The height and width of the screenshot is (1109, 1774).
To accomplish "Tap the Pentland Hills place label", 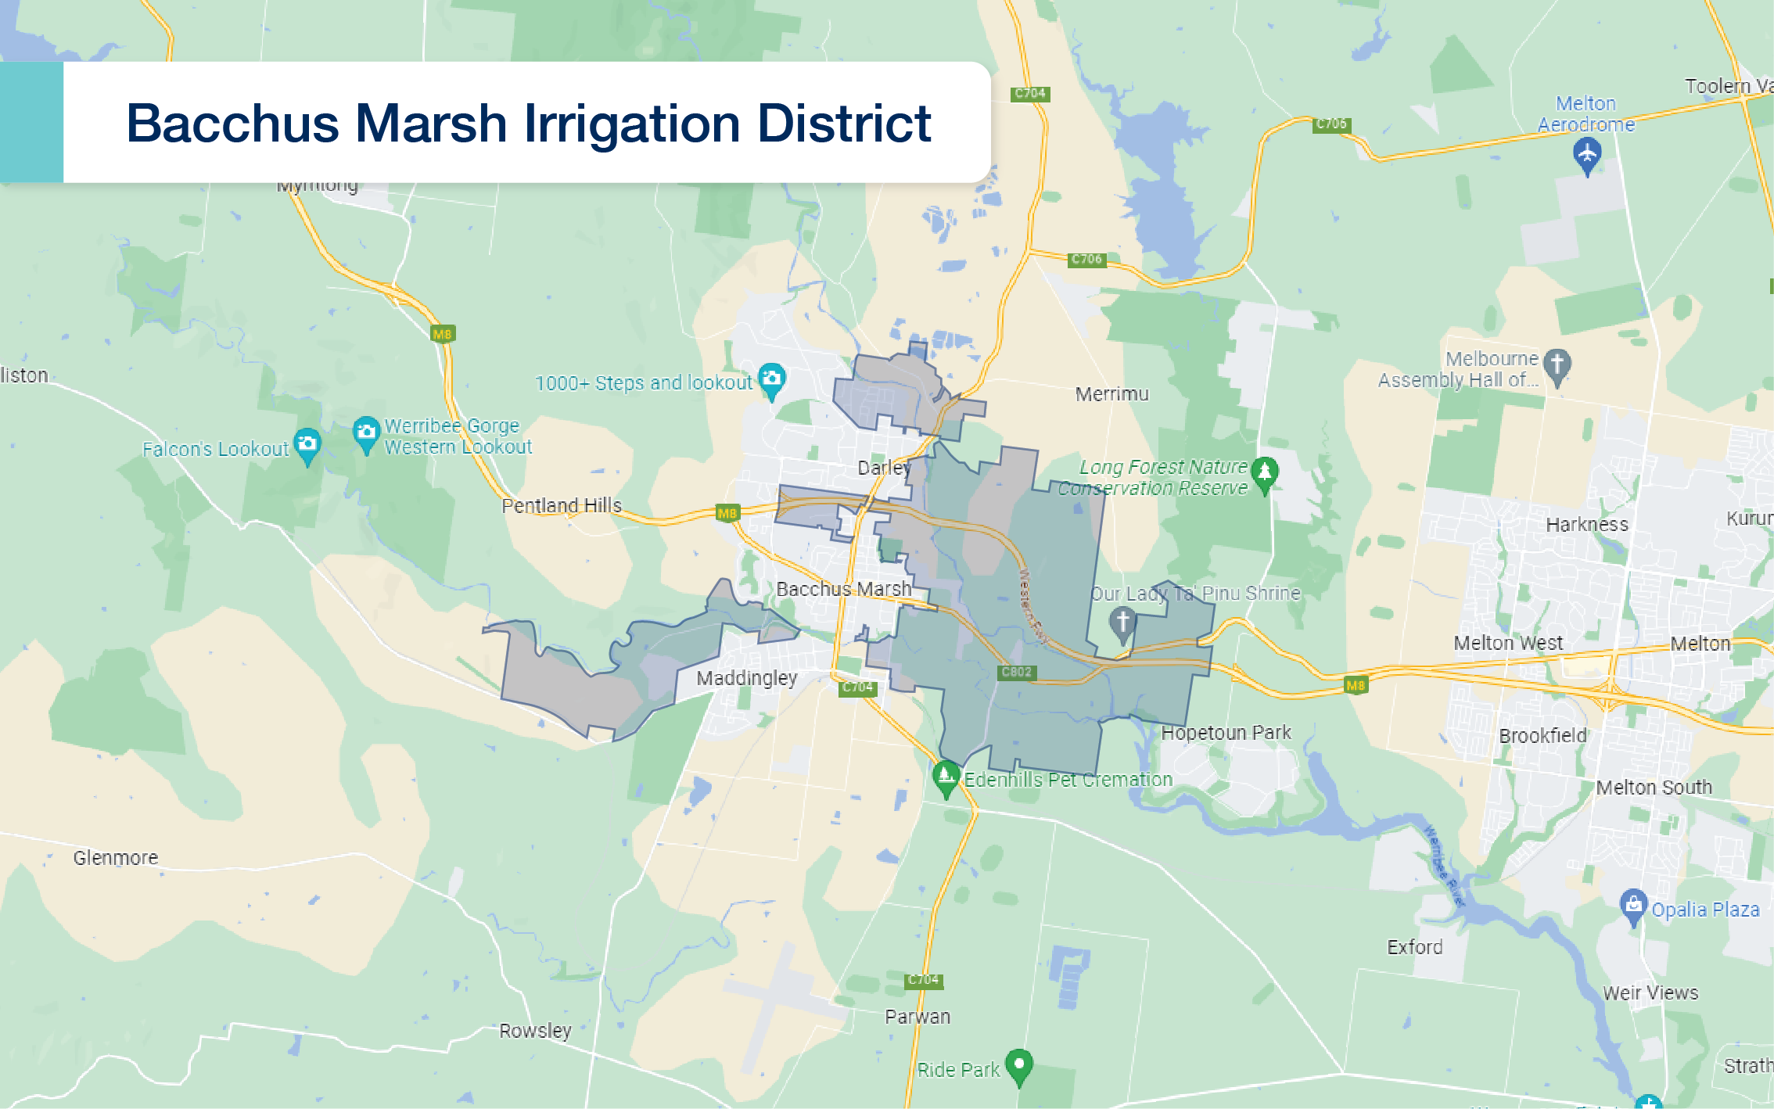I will click(561, 505).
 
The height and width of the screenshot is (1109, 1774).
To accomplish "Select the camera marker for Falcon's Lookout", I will click(307, 444).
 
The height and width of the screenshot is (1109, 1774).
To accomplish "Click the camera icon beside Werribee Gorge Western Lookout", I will click(366, 432).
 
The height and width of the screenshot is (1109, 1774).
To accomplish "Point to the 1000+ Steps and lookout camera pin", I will click(771, 379).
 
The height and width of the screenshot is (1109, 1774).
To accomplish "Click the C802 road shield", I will click(1016, 672).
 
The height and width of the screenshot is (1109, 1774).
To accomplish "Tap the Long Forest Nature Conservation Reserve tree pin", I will click(1264, 472).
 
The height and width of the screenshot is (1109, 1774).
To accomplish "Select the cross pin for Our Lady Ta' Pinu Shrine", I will click(1122, 623).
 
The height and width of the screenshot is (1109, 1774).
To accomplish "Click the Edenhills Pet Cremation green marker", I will click(946, 776).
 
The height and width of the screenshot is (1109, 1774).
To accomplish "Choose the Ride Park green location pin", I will click(1018, 1064).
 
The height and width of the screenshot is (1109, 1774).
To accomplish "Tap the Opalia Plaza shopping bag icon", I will click(1633, 905).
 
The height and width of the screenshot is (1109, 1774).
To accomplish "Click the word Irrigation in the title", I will click(632, 124).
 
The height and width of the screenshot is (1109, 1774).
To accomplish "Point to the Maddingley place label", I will click(746, 677).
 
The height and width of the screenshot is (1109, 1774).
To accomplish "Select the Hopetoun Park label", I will click(1226, 733).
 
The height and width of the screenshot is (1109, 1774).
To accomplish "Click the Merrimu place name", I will click(1111, 394).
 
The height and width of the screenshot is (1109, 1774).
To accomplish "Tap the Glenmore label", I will click(116, 858).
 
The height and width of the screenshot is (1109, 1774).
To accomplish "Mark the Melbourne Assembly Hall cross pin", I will click(1557, 364).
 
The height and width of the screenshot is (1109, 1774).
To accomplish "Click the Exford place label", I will click(1414, 947).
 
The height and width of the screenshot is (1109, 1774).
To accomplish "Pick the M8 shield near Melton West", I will click(1356, 686).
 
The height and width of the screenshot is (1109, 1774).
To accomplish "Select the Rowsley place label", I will click(535, 1031).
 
